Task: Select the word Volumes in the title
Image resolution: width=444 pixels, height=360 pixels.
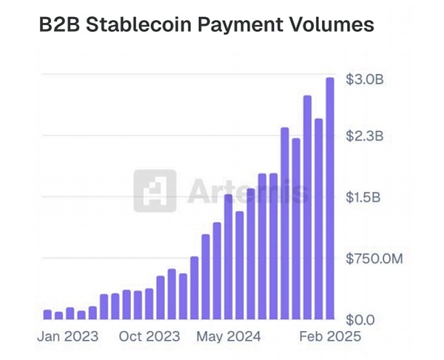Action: tap(329, 26)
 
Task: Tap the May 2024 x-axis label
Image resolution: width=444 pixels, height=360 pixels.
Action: tap(229, 336)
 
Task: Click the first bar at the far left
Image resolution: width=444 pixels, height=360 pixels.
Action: tap(47, 314)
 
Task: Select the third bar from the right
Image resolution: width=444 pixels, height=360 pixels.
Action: tap(307, 207)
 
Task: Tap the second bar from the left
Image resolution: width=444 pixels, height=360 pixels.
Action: tap(58, 315)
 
